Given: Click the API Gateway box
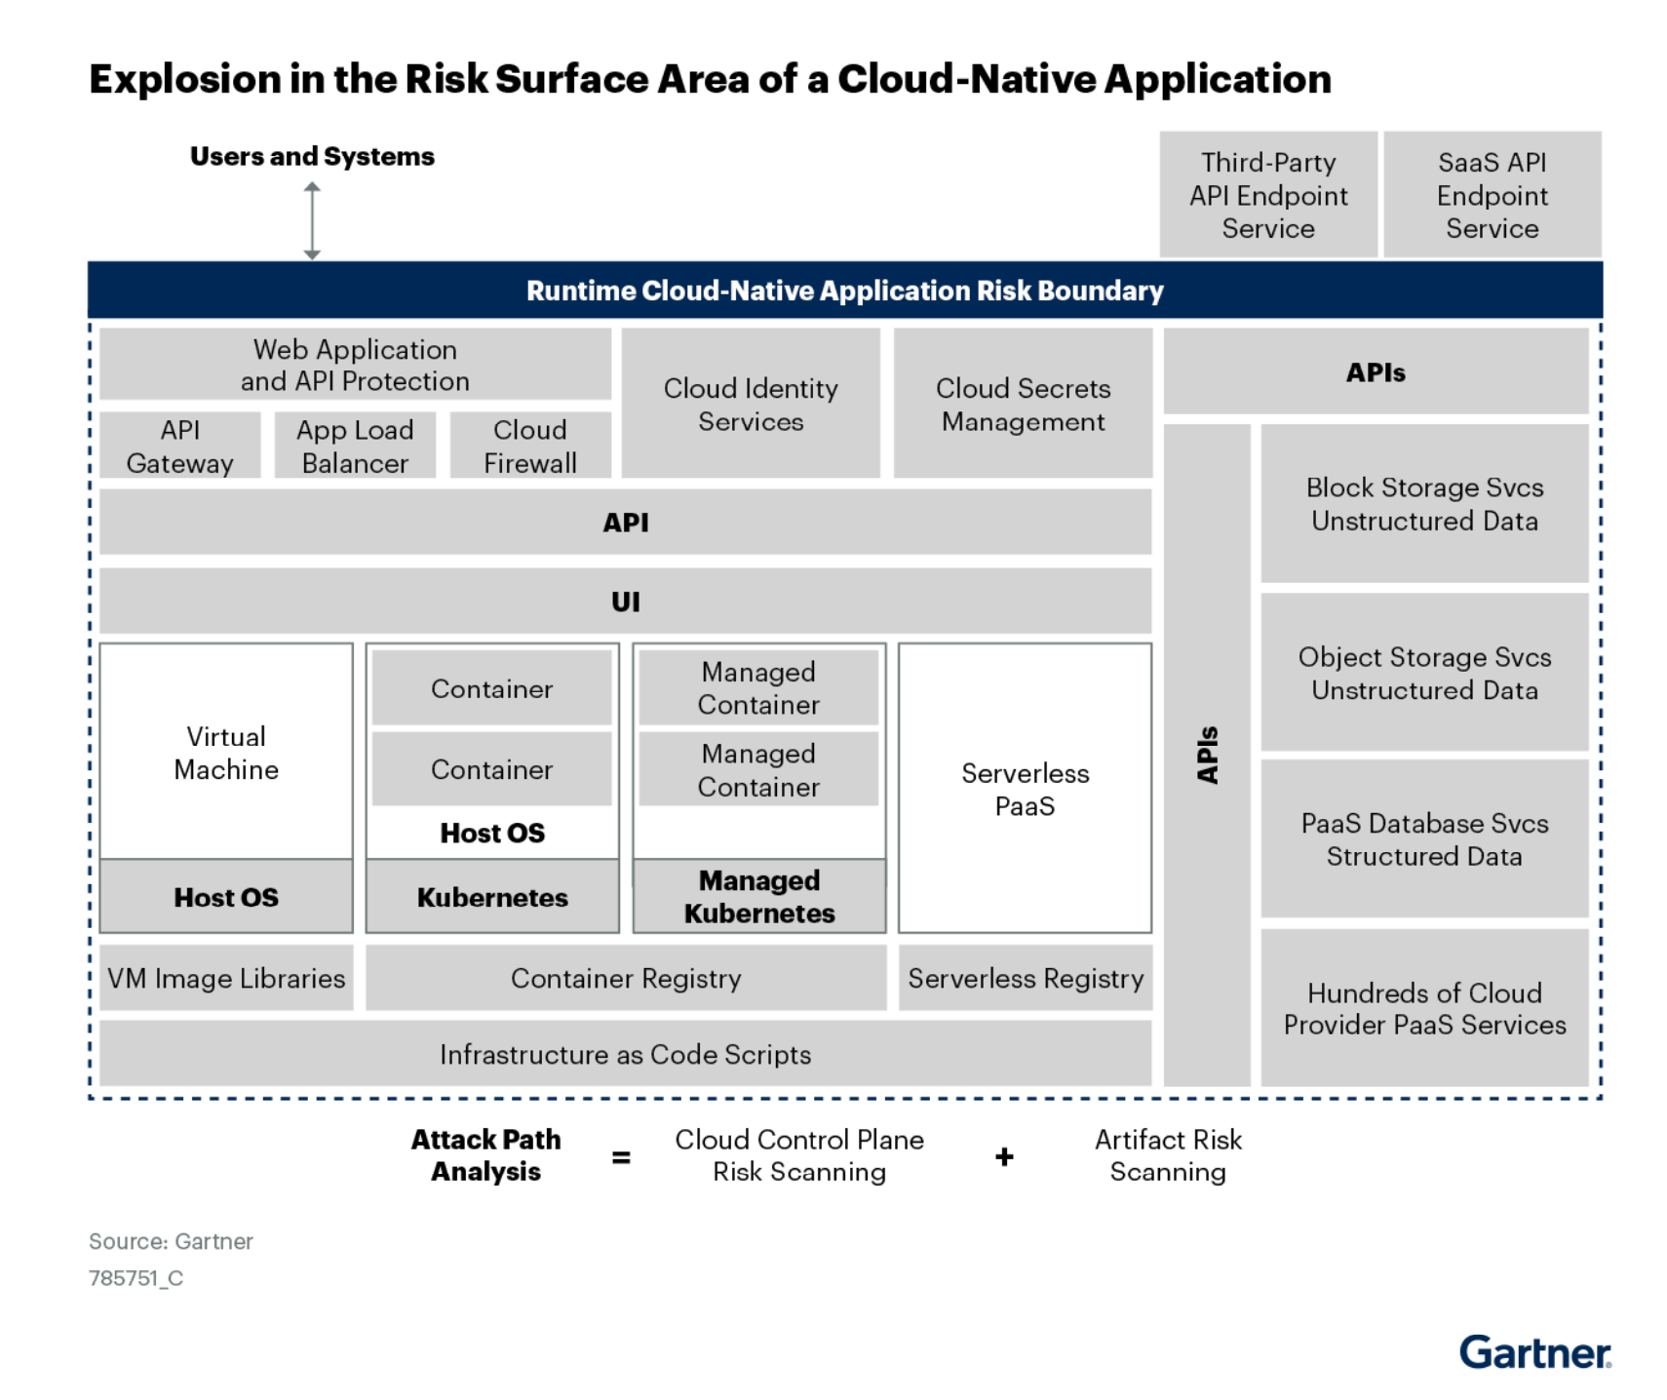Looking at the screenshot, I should tap(180, 447).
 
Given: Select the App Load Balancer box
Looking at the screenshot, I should tap(355, 447).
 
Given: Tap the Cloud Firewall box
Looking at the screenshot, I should tap(530, 447).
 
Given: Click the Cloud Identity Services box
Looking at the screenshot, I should tap(751, 405).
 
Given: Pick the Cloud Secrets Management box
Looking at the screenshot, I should tap(1023, 405).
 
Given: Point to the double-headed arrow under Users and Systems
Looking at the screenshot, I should tap(312, 221).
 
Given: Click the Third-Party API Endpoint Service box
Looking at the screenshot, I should tap(1268, 195).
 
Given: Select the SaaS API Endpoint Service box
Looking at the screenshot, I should tap(1492, 195).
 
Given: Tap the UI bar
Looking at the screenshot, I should tap(625, 602).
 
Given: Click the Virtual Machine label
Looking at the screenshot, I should tap(226, 753).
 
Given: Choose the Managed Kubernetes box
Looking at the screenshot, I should tap(759, 897).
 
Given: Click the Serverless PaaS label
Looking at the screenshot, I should tap(1025, 789).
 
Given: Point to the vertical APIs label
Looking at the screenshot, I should tap(1207, 755).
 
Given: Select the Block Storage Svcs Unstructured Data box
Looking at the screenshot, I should tap(1424, 504).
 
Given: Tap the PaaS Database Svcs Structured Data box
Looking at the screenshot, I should tap(1424, 839).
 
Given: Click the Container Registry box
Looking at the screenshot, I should tap(626, 978).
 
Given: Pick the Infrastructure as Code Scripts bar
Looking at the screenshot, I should tap(625, 1054).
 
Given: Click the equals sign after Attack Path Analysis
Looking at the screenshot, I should tap(621, 1157).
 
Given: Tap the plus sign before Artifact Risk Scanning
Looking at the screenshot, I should tap(1004, 1157).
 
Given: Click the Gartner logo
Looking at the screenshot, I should tap(1534, 1352).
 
